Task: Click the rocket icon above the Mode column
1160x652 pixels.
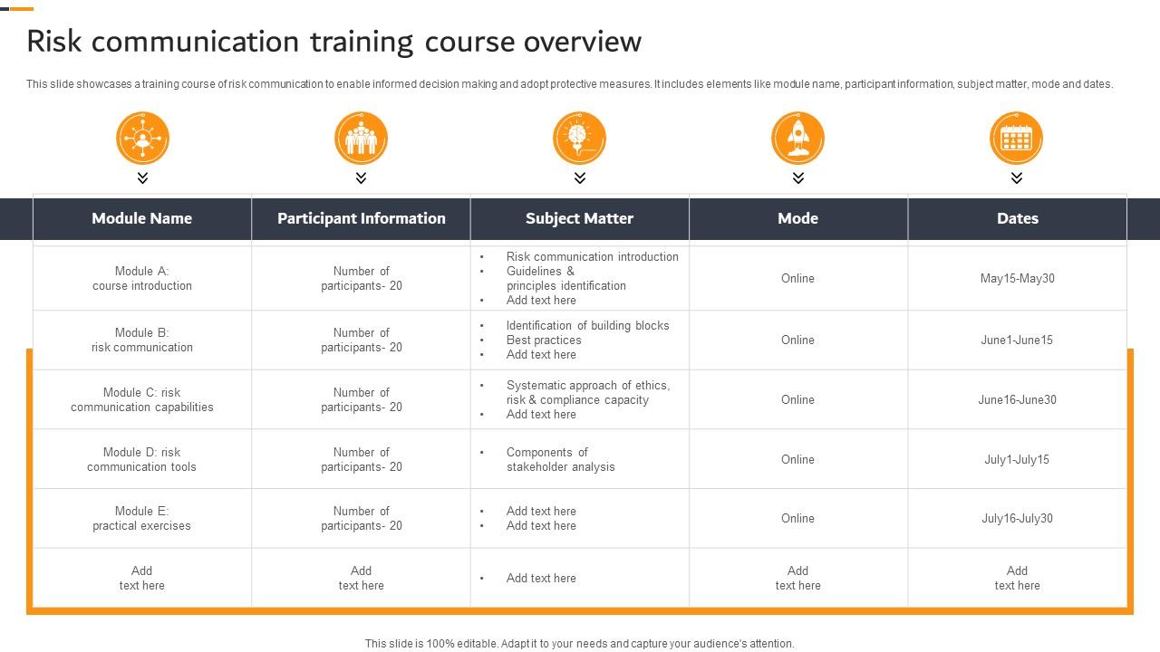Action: point(797,138)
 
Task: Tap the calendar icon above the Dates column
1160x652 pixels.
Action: point(1016,138)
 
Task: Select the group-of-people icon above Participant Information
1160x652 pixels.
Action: point(361,138)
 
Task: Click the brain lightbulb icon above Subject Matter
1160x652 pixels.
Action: point(579,138)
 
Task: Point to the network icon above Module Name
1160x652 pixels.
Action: point(142,138)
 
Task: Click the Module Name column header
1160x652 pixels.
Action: point(142,218)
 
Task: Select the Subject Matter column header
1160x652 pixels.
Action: point(579,218)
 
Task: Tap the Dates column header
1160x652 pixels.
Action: point(1017,218)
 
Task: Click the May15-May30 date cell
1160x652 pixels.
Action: point(1017,279)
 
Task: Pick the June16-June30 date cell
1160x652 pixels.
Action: point(1017,399)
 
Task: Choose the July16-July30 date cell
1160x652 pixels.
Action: point(1017,519)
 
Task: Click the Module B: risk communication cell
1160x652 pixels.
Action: point(142,340)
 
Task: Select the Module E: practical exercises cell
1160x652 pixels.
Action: point(142,518)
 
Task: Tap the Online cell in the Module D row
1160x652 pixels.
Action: point(797,459)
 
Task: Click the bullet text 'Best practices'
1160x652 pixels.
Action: point(544,340)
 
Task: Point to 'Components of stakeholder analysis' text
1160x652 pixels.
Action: point(560,459)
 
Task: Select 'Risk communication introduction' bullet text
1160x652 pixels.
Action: point(592,257)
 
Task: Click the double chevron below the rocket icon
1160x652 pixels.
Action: point(797,178)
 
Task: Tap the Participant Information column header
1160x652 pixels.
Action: point(361,218)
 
